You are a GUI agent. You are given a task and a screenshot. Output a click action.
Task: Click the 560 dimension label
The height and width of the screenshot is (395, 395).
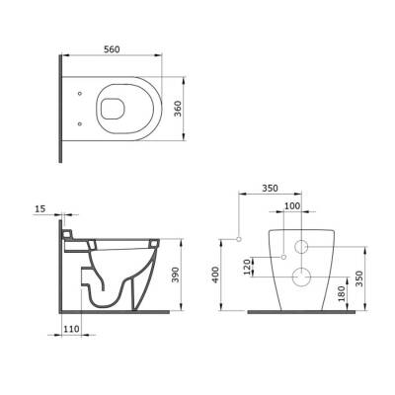(x=112, y=49)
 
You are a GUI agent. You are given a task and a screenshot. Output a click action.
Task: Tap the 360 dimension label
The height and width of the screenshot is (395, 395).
(x=178, y=109)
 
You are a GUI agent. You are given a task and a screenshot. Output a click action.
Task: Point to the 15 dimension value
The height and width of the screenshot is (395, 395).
(x=39, y=208)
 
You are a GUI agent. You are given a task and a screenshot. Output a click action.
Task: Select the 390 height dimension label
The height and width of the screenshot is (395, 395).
(x=175, y=275)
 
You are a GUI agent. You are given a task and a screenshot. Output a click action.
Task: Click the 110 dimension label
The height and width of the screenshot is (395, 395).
(x=71, y=329)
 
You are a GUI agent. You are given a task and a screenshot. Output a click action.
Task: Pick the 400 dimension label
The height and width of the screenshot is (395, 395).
(x=215, y=275)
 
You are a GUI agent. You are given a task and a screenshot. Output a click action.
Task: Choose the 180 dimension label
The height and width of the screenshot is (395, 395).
(x=342, y=293)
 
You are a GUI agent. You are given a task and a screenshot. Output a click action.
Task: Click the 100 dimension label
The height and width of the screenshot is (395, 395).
(x=292, y=206)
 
